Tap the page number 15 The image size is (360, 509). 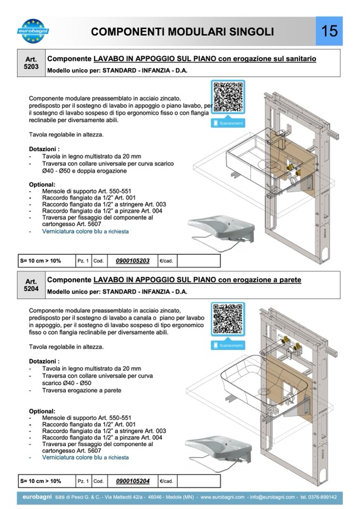click(329, 31)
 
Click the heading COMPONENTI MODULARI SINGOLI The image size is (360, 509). click(182, 32)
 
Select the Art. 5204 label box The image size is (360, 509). click(31, 285)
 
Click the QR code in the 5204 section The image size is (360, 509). click(228, 319)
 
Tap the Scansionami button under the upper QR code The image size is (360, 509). click(228, 123)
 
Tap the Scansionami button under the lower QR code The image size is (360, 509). click(228, 346)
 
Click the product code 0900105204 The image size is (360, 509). click(133, 481)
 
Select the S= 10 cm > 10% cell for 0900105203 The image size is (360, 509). click(41, 261)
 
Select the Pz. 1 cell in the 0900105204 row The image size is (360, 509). click(83, 481)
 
